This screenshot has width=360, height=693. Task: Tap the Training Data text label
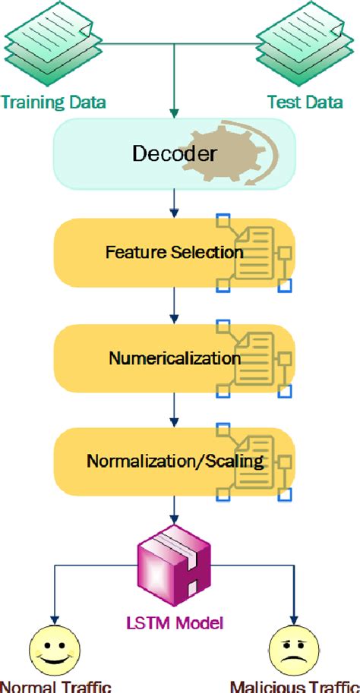click(52, 102)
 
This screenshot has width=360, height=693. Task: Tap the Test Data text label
click(305, 102)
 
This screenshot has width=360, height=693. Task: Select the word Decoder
click(174, 154)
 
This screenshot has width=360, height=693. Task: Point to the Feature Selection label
click(174, 253)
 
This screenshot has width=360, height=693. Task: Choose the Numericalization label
click(174, 358)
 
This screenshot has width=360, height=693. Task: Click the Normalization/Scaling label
click(174, 461)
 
